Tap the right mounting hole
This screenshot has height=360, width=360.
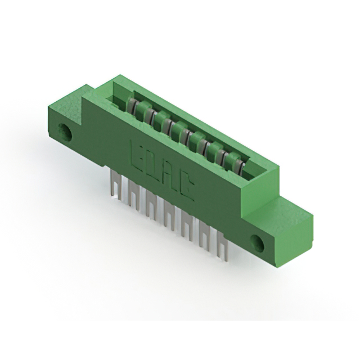tap(256, 243)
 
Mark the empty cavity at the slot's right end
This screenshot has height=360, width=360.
tap(253, 172)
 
